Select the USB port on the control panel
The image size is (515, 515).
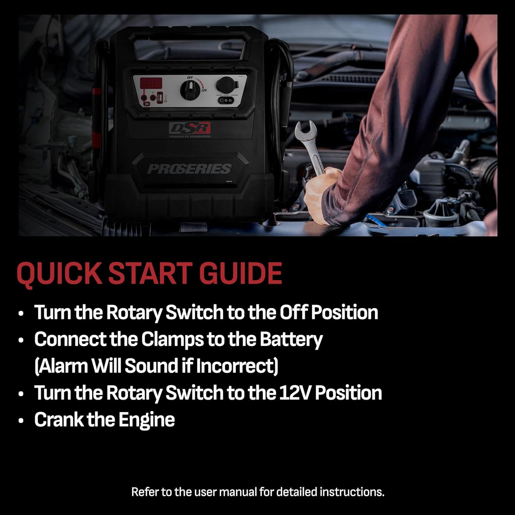159,97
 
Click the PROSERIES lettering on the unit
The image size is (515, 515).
189,169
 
